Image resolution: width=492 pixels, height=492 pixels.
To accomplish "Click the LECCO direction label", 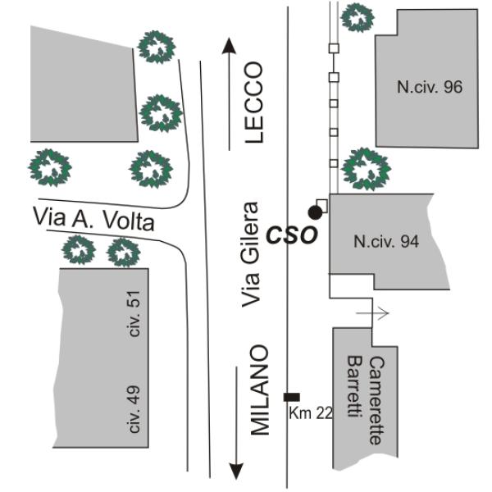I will click(256, 102).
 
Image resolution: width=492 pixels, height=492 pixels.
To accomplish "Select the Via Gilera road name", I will click(253, 255).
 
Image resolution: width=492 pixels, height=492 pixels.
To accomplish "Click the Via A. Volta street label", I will click(93, 220).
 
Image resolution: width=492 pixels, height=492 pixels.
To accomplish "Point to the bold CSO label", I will click(290, 235).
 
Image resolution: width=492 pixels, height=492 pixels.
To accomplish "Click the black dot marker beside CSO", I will click(315, 212).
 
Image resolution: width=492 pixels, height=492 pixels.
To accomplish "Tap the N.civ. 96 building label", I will click(430, 88).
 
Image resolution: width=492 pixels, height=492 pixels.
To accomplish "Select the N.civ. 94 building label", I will click(385, 242).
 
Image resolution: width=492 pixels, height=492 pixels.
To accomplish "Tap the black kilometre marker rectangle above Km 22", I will click(291, 397).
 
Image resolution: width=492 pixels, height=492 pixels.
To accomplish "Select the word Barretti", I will click(354, 388).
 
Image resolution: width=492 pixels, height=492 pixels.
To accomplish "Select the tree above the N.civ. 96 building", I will click(357, 16).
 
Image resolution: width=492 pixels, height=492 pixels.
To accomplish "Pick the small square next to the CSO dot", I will click(322, 205).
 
